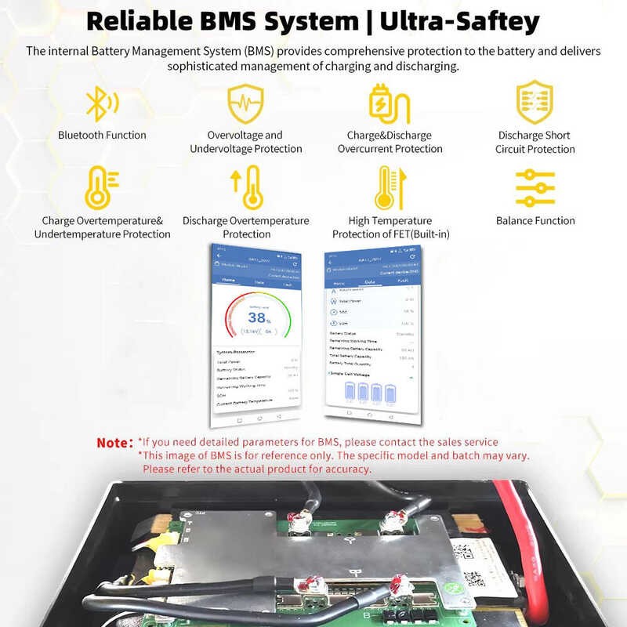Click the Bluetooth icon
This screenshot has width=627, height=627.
[x=101, y=103]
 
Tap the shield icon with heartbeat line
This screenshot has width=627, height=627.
[x=245, y=103]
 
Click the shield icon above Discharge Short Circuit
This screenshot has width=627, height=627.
[x=535, y=103]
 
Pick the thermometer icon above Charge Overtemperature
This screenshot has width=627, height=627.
[x=101, y=187]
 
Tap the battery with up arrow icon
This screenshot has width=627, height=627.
[x=245, y=187]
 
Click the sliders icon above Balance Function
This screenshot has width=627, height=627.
[x=535, y=187]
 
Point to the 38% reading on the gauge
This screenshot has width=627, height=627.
[x=258, y=317]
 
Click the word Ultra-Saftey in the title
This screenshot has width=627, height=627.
[x=459, y=21]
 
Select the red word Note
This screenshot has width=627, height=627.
[x=114, y=443]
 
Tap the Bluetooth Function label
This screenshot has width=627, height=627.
[x=102, y=135]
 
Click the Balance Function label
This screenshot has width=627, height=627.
[x=535, y=220]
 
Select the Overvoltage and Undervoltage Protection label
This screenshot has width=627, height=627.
[x=245, y=142]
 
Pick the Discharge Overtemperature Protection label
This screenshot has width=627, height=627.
[x=245, y=227]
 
